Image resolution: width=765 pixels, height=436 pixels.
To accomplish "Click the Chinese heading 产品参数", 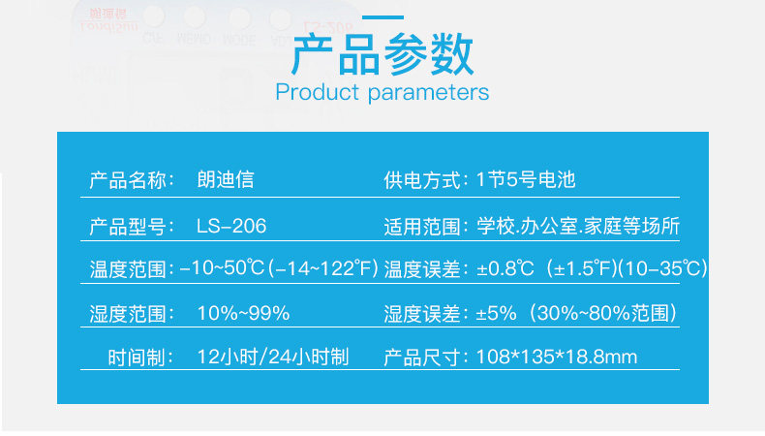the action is (382, 53).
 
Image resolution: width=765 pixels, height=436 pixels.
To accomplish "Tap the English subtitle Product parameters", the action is (382, 92).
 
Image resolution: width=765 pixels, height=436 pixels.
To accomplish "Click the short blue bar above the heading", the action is (383, 17).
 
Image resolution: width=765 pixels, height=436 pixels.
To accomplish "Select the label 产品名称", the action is (128, 180).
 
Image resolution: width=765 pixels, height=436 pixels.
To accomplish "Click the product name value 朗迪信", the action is (226, 179).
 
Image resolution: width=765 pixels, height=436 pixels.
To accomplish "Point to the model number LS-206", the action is (231, 226).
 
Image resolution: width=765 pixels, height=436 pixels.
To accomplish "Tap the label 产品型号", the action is (128, 227).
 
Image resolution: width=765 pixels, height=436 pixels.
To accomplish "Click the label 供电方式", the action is (422, 180).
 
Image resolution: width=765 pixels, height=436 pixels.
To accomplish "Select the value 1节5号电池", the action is (526, 179).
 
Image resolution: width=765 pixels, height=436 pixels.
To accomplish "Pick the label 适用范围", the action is (422, 227).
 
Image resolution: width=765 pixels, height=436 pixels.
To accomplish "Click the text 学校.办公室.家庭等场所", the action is (578, 226).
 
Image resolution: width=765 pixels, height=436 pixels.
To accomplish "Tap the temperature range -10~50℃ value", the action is (222, 268).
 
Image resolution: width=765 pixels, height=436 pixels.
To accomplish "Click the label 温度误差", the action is (422, 269).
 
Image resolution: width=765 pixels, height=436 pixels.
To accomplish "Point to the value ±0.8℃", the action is (505, 268).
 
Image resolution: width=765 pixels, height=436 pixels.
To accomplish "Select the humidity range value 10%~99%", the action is (243, 313).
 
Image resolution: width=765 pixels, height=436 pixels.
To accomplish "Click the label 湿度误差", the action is (422, 314).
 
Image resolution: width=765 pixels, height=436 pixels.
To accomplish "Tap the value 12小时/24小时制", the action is (273, 357).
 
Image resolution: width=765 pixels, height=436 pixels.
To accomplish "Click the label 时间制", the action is (137, 358).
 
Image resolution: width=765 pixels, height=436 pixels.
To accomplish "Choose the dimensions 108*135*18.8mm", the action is (557, 357).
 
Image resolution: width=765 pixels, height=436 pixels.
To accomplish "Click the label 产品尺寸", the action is (422, 358).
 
